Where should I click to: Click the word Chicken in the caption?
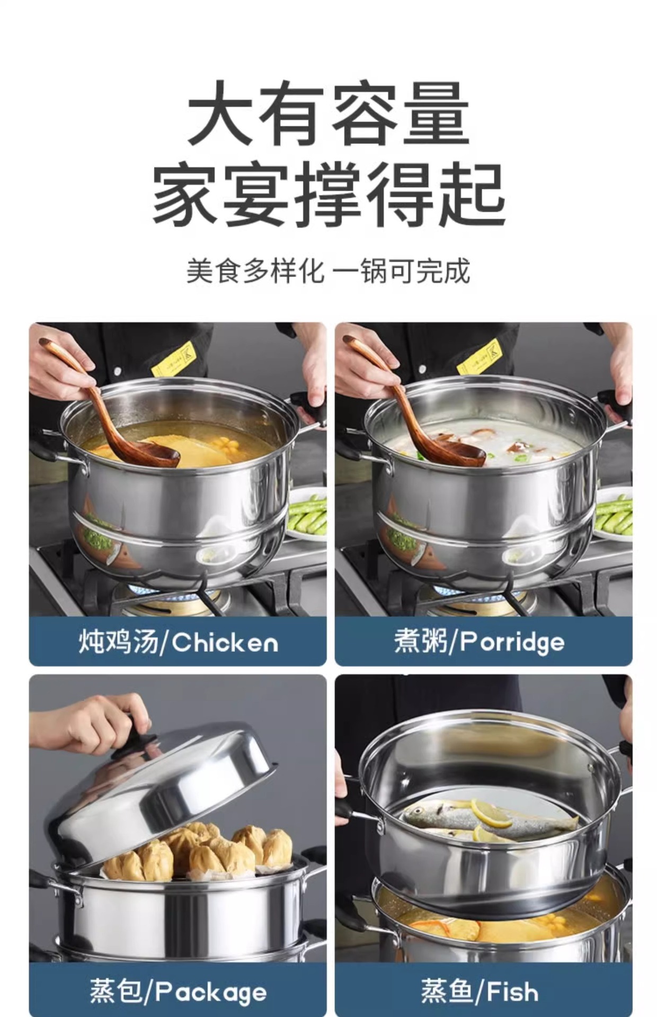coord(225,643)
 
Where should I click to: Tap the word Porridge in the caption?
coord(512,643)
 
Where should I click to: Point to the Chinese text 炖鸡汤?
coord(118,642)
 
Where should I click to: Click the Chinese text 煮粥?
coord(420,642)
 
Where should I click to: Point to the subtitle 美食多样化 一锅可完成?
coord(328,271)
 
